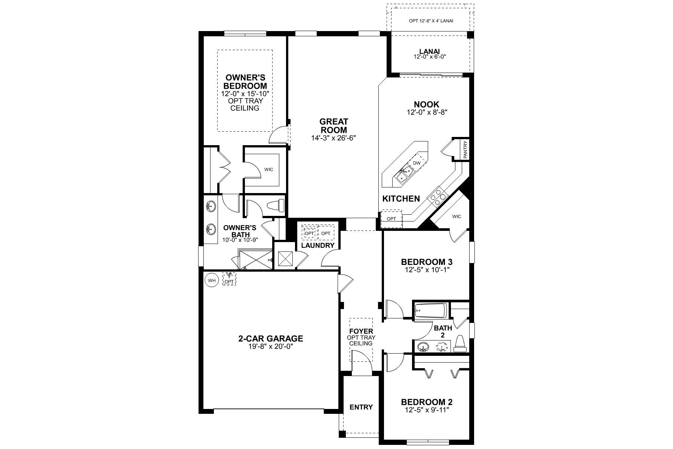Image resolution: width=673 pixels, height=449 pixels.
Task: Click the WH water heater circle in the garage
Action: [212, 280]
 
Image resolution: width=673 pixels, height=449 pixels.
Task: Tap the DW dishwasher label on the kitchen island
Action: [417, 163]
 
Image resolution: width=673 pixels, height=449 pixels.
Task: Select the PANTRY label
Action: [465, 150]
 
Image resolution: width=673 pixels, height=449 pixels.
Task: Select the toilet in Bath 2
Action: [460, 344]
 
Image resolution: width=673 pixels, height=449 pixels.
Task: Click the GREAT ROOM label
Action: [334, 126]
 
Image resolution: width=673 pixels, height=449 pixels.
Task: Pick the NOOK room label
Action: [427, 104]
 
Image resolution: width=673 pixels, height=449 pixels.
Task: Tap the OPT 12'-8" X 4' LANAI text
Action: [431, 21]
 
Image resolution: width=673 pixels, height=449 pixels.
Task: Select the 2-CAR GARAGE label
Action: [271, 339]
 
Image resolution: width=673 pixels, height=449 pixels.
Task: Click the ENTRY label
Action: [361, 407]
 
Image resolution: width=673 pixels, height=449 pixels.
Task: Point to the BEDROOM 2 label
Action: [427, 402]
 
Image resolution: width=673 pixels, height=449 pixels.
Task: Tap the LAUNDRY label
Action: [318, 245]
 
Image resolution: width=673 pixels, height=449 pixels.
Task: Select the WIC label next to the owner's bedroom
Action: [269, 169]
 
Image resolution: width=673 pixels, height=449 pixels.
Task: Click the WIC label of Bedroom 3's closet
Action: [457, 216]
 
